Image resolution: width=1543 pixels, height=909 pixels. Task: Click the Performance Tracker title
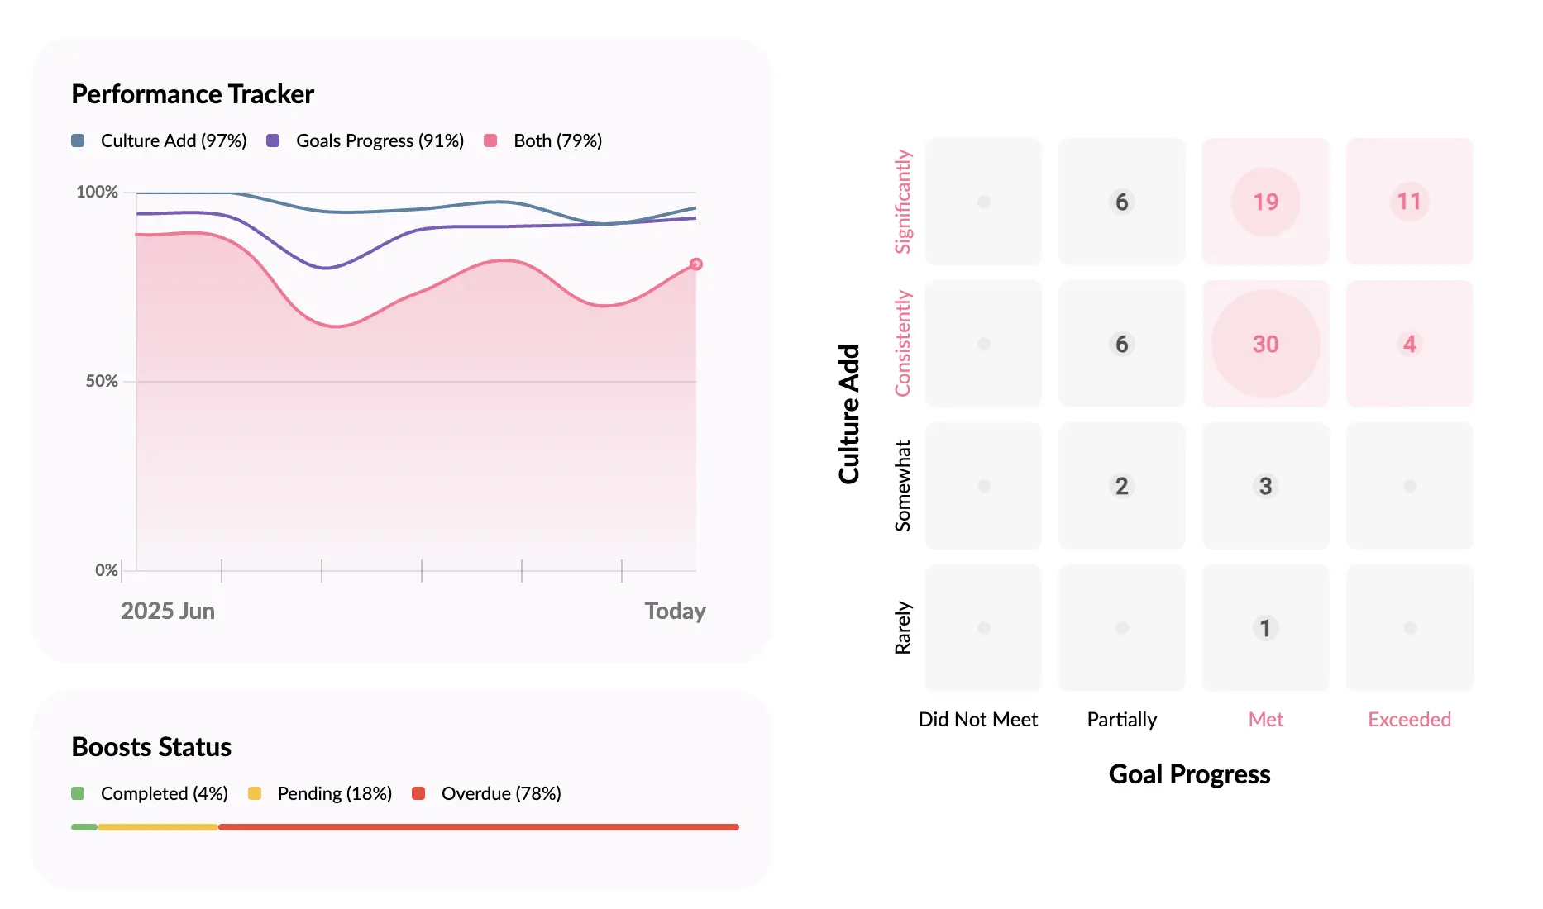(192, 94)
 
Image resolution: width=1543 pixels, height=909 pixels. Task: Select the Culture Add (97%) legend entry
(160, 140)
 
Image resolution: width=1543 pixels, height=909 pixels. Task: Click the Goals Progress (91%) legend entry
(365, 140)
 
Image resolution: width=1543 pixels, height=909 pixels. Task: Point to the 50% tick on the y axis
(103, 381)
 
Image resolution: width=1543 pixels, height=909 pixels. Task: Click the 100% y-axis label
(98, 192)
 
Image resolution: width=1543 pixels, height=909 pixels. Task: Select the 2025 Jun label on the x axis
(168, 611)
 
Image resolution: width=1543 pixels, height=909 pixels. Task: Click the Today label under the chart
(675, 611)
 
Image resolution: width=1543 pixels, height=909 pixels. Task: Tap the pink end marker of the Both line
(696, 264)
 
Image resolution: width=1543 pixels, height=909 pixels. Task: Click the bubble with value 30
(1265, 344)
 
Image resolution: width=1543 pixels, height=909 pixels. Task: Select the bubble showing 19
(1265, 202)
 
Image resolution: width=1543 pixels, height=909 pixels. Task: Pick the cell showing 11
(1409, 202)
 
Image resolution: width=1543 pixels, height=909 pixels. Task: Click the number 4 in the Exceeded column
(1409, 344)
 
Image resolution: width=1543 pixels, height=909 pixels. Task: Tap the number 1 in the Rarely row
(1265, 628)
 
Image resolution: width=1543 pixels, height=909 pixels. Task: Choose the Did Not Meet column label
(977, 719)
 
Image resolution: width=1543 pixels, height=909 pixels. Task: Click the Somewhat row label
(903, 486)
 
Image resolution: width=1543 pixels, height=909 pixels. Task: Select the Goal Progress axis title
(1189, 774)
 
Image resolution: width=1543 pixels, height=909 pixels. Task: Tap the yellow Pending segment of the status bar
(157, 827)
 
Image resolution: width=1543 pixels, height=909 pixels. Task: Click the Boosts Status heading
(151, 747)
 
